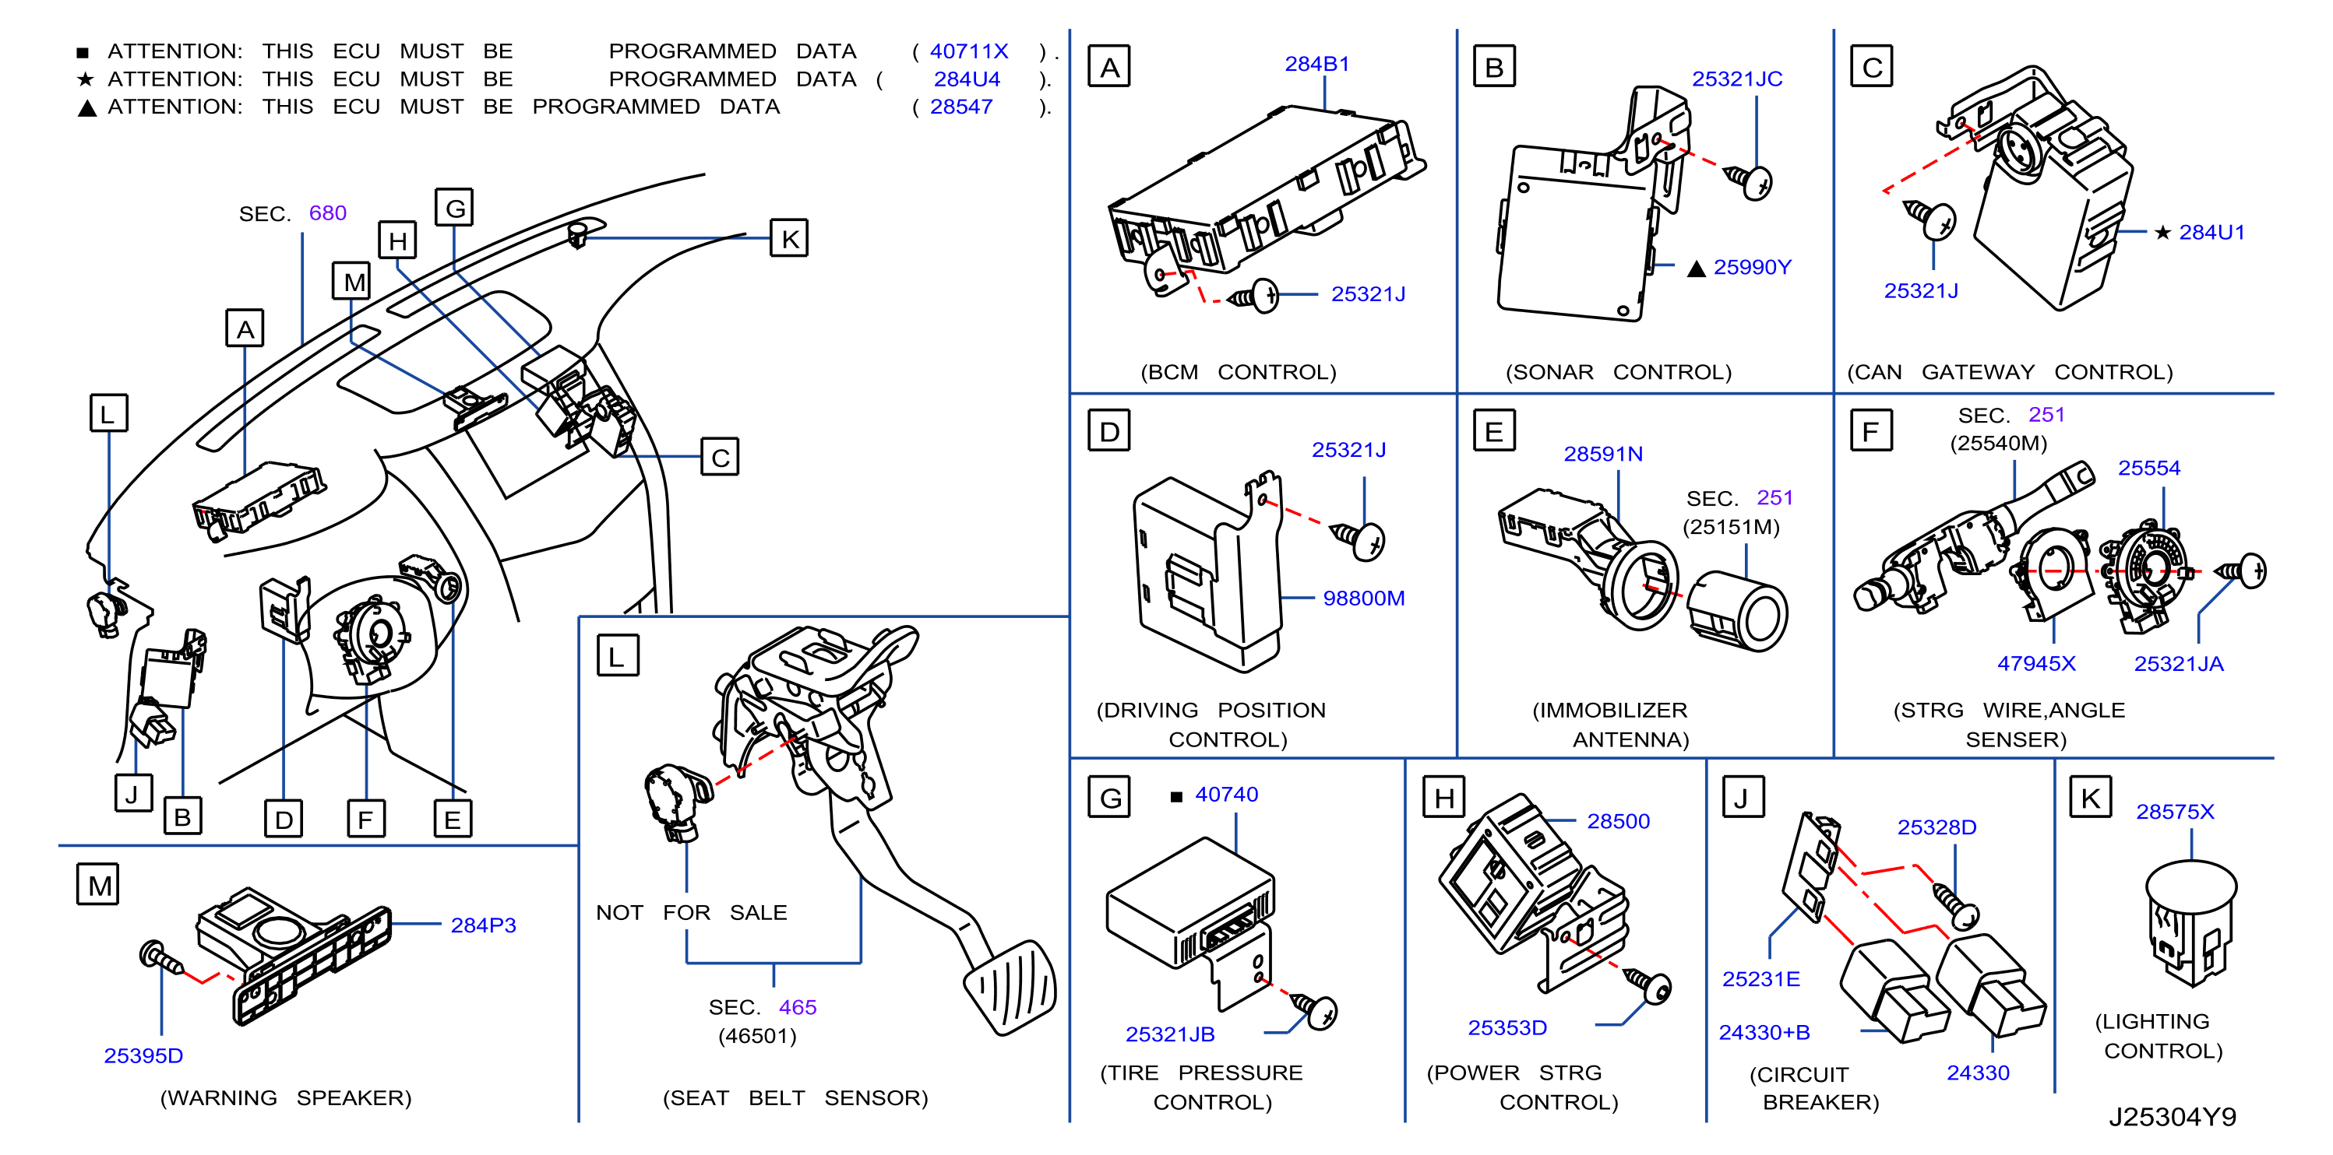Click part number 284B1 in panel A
pos(1317,65)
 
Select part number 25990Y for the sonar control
pos(1753,267)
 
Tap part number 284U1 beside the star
pos(2211,233)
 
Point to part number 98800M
pos(1364,599)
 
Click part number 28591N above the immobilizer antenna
pos(1603,455)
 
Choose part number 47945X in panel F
pos(2036,663)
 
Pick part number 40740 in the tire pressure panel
pos(1226,795)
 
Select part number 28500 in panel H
pos(1619,822)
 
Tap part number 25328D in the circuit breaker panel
pos(1937,827)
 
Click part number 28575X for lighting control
pos(2175,812)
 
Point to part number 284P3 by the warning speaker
pos(484,925)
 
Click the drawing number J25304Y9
pos(2172,1117)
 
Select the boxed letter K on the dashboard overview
pos(789,239)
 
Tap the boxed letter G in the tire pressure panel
pos(1109,798)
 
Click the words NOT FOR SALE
pos(691,912)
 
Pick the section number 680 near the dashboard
pos(328,213)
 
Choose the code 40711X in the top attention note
pos(969,51)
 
